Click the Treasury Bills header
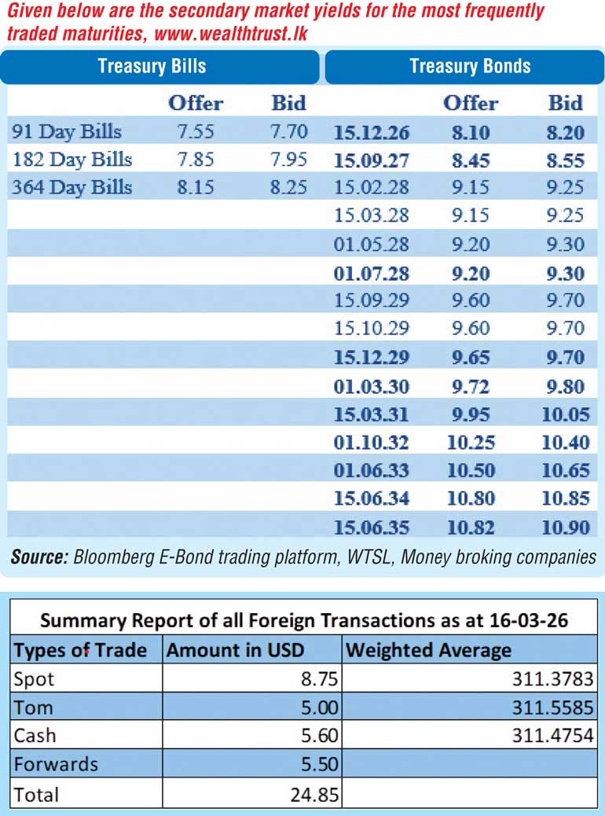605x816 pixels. click(x=152, y=66)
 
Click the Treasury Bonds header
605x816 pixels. click(x=470, y=66)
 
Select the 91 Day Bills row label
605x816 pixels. click(x=67, y=131)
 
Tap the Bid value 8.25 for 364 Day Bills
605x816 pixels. click(x=288, y=188)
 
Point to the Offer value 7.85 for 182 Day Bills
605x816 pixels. click(x=196, y=160)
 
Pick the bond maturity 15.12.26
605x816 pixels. click(x=371, y=132)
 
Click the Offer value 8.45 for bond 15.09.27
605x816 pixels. click(x=471, y=160)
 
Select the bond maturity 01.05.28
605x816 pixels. click(x=371, y=244)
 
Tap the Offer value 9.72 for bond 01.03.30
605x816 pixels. click(x=471, y=386)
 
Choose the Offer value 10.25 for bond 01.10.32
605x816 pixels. click(x=471, y=442)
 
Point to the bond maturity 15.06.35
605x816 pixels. click(x=371, y=527)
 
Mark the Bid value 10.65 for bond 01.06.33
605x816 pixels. click(x=565, y=470)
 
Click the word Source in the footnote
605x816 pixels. click(x=38, y=557)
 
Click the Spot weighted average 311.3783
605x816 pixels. click(x=555, y=678)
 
